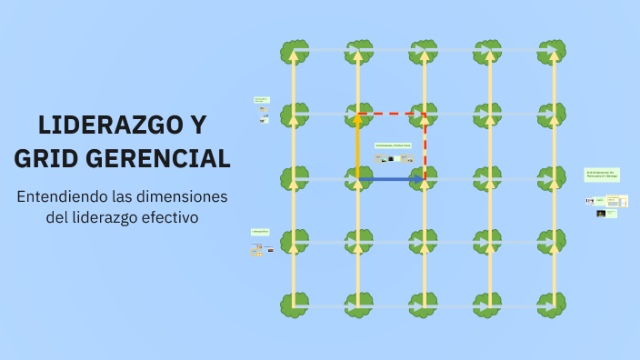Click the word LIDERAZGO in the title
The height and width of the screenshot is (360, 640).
pos(96,124)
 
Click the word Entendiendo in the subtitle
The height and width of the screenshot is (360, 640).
pos(62,196)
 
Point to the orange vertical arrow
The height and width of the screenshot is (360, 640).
pos(358,145)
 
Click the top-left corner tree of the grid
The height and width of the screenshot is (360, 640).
pos(293,51)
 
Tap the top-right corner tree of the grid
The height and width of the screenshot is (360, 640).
pos(552,51)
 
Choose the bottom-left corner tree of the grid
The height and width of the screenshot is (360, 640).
pos(293,305)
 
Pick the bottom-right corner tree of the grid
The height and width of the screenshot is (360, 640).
pos(552,305)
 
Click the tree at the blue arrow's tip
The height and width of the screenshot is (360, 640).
pos(424,178)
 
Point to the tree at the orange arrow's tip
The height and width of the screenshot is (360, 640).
pos(358,115)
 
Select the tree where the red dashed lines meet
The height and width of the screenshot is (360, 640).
pos(424,115)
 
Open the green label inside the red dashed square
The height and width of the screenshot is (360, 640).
pos(393,145)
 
